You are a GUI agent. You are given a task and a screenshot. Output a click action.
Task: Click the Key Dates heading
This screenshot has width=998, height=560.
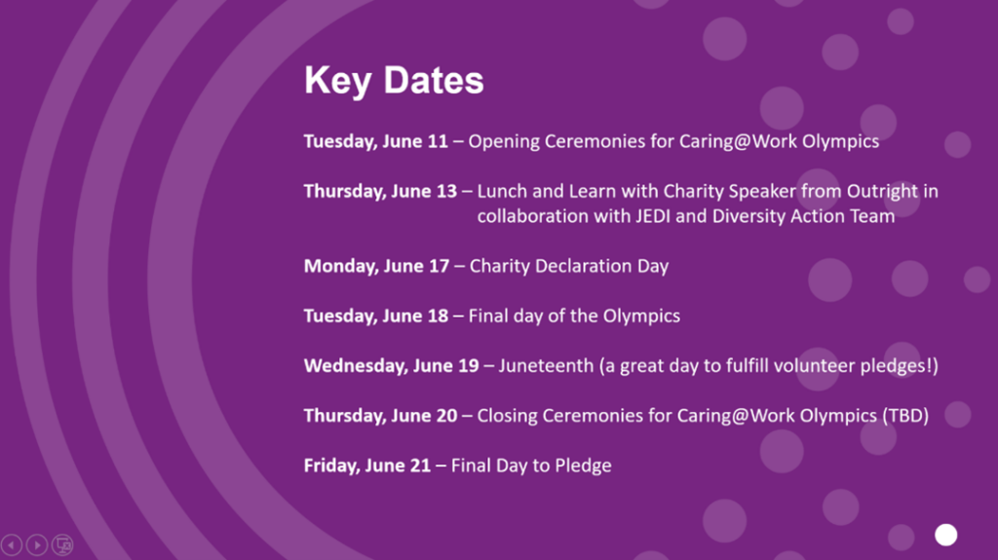click(x=394, y=81)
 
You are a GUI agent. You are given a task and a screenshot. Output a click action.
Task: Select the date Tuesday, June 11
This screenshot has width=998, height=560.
click(x=375, y=141)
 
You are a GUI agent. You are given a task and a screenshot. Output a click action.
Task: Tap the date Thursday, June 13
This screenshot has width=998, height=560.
click(x=380, y=192)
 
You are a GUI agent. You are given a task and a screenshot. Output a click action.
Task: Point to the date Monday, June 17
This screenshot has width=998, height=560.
click(x=376, y=266)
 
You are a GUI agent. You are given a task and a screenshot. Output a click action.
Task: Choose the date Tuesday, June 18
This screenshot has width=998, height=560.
click(x=375, y=317)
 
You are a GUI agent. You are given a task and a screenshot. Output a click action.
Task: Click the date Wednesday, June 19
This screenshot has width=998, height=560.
click(x=391, y=366)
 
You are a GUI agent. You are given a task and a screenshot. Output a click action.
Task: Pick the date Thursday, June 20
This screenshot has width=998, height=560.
click(x=380, y=416)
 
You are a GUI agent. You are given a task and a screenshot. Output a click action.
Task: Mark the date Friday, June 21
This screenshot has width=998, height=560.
click(x=366, y=466)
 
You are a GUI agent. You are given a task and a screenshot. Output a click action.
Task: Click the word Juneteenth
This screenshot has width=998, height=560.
click(x=546, y=366)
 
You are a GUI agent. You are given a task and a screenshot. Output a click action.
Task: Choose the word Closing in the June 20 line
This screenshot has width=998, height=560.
click(x=507, y=416)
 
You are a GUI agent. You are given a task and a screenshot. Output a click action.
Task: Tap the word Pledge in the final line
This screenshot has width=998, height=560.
click(x=583, y=466)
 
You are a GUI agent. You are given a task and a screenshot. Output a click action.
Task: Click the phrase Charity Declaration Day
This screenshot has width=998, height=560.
click(x=569, y=266)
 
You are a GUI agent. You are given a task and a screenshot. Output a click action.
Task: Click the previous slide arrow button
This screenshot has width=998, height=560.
click(x=12, y=545)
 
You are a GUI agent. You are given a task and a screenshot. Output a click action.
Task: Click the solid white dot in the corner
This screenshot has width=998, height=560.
click(x=945, y=536)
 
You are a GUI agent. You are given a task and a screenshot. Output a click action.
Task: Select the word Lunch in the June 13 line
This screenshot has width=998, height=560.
click(x=501, y=192)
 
